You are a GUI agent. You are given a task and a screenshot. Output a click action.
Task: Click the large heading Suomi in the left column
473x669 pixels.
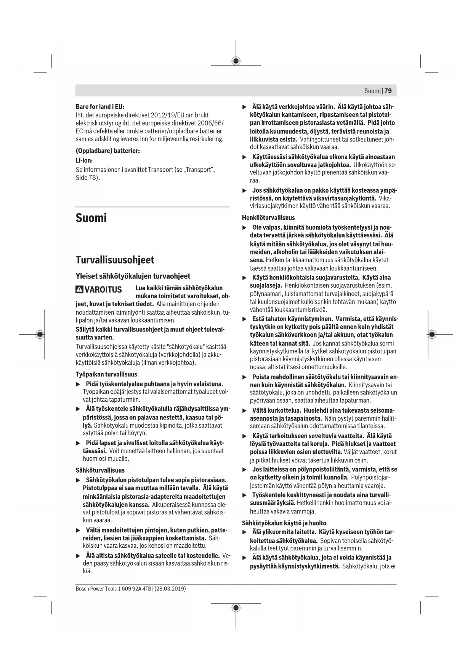coord(91,218)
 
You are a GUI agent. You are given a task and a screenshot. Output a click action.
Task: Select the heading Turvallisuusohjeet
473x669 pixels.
coord(115,260)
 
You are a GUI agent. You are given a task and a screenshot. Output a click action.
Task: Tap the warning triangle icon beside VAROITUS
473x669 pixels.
coord(79,289)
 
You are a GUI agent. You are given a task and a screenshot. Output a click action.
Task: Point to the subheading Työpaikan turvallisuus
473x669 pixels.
coord(106,375)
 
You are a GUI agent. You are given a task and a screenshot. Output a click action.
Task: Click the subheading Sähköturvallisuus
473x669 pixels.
coord(100,470)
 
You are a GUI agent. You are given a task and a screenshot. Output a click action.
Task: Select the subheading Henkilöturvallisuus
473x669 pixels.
coord(268,218)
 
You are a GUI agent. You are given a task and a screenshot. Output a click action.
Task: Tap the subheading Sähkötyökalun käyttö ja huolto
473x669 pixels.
coord(284,523)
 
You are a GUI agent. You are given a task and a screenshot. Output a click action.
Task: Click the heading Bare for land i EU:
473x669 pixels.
coord(100,107)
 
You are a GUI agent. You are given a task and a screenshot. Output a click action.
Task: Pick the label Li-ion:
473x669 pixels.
coord(84,161)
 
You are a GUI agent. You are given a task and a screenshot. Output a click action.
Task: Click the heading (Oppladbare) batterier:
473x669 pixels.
coord(108,151)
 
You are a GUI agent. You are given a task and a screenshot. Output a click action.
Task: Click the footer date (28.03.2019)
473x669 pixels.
coord(170,589)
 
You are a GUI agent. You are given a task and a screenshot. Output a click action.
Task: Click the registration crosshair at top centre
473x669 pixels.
coord(236,61)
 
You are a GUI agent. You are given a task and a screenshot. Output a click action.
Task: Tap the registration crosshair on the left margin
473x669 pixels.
coord(40,334)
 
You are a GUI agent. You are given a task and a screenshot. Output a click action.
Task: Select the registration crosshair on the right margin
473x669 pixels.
coord(431,334)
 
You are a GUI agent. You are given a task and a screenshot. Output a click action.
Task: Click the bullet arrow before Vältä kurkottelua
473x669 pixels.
coord(245,411)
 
